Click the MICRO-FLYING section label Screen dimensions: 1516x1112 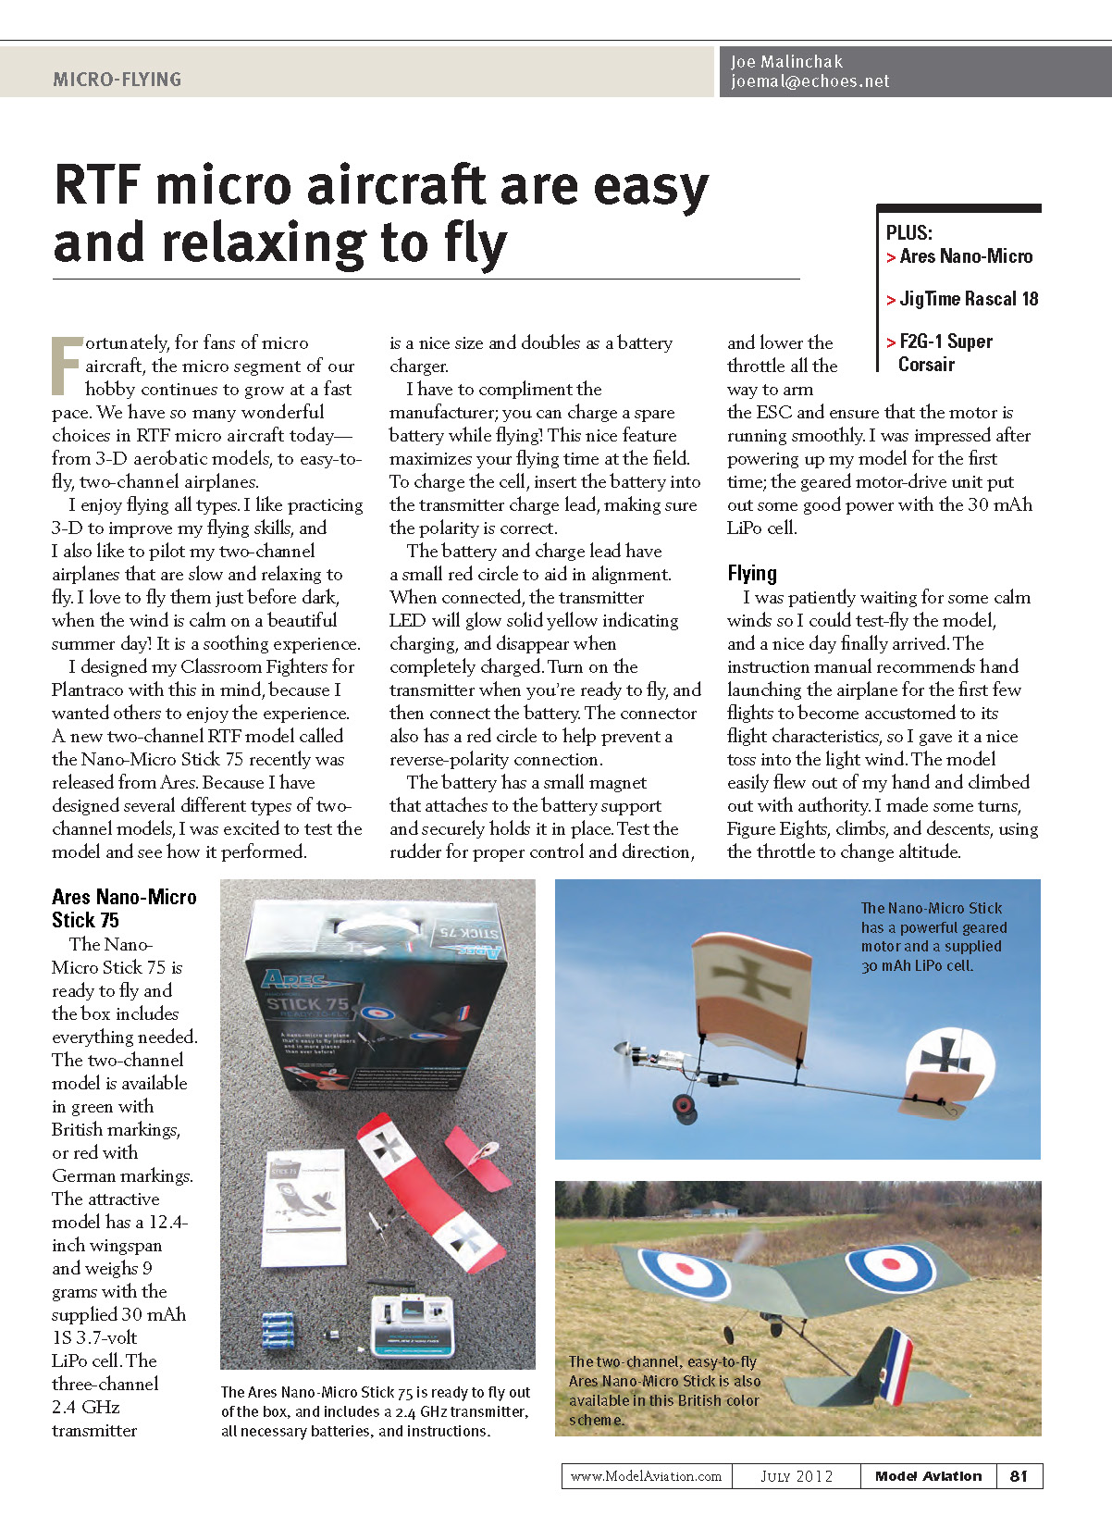[x=117, y=80]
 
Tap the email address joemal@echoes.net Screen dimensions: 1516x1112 [x=809, y=81]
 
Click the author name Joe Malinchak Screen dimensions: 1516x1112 [x=786, y=62]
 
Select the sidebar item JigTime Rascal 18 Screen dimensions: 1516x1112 [x=968, y=299]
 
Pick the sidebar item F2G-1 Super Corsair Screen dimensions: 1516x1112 [x=944, y=353]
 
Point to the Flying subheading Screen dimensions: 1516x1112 [x=752, y=574]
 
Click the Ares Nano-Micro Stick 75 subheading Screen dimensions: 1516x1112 [x=124, y=908]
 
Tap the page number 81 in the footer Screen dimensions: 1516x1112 [x=1019, y=1476]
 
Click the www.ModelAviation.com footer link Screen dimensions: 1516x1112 [x=646, y=1476]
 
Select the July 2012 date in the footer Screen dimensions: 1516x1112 [x=797, y=1476]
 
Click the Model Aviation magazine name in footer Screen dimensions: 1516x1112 [x=928, y=1476]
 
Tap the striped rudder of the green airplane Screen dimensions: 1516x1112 [x=893, y=1365]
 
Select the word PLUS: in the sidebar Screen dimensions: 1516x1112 [x=908, y=233]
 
